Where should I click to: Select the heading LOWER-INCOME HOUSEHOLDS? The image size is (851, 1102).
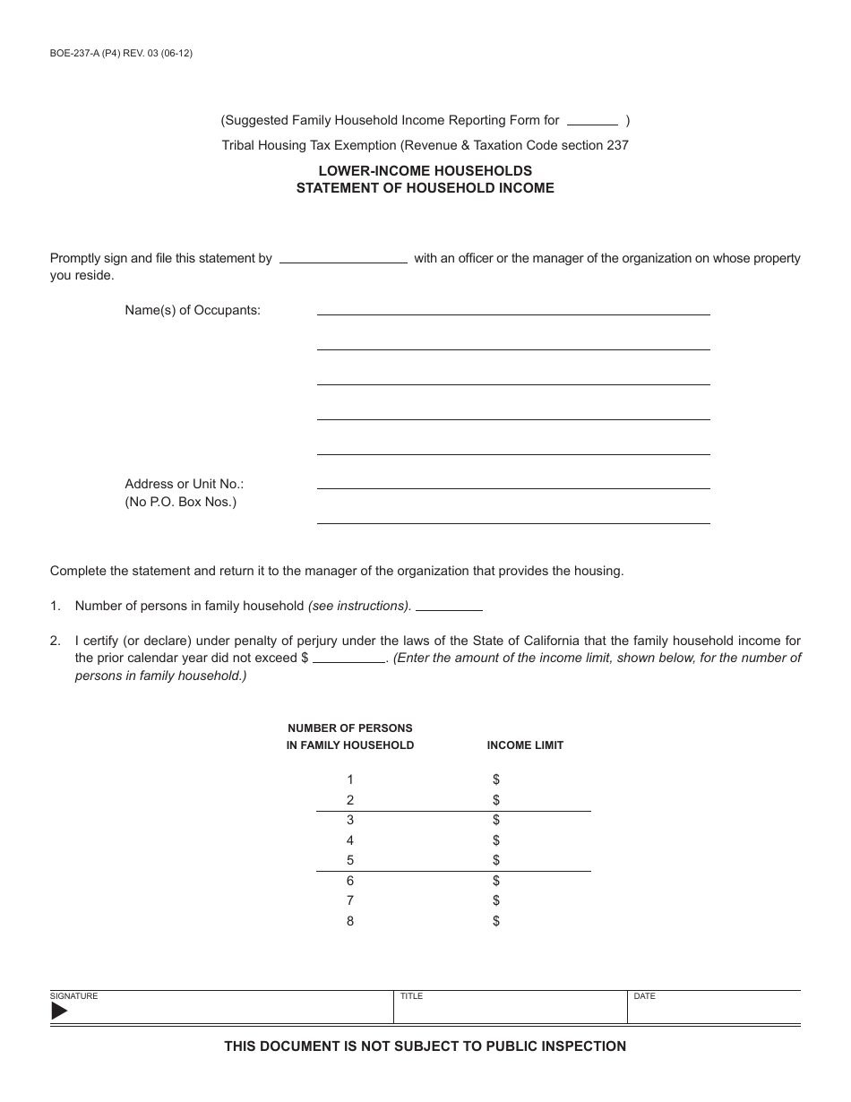pos(425,170)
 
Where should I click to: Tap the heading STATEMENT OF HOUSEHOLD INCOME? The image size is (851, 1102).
pos(425,188)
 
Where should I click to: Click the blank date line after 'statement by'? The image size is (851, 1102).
pos(344,260)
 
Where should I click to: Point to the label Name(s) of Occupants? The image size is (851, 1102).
pos(193,310)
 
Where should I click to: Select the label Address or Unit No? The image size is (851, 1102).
pos(185,484)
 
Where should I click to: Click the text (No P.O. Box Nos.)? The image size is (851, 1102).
pos(181,502)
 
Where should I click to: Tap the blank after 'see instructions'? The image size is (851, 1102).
pos(449,607)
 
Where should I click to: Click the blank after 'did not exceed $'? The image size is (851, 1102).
pos(348,659)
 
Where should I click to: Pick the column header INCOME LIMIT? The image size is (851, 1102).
pos(525,745)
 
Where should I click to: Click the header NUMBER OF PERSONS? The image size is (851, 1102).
pos(349,728)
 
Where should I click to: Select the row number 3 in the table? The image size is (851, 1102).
pos(350,820)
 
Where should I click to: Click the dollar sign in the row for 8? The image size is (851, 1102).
pos(495,921)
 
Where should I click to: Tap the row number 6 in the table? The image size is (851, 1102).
pos(350,881)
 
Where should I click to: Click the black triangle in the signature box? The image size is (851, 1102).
pos(59,1012)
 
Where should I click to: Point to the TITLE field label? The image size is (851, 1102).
pos(411,996)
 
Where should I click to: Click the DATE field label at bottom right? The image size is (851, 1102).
pos(644,996)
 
